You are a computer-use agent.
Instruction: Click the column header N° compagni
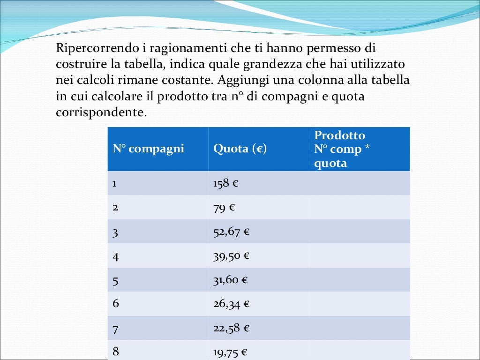pos(148,149)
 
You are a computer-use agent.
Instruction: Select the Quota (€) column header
pos(240,149)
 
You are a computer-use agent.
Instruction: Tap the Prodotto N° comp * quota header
pos(339,149)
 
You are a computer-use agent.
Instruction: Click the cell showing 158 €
pos(225,183)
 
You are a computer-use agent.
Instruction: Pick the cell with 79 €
pos(224,208)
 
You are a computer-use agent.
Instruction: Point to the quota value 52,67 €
pos(231,232)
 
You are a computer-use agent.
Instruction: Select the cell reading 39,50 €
pos(231,255)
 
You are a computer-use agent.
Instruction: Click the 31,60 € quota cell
pos(230,280)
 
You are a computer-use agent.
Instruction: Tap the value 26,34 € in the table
pos(231,304)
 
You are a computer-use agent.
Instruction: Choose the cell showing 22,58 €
pos(231,328)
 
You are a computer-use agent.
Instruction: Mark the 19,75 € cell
pos(230,352)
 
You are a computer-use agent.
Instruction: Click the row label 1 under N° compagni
pos(114,183)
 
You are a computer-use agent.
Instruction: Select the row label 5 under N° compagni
pos(115,280)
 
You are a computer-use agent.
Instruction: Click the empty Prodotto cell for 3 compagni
pos(359,232)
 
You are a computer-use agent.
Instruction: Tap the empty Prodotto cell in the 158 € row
pos(359,183)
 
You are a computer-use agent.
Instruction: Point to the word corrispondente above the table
pos(99,112)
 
